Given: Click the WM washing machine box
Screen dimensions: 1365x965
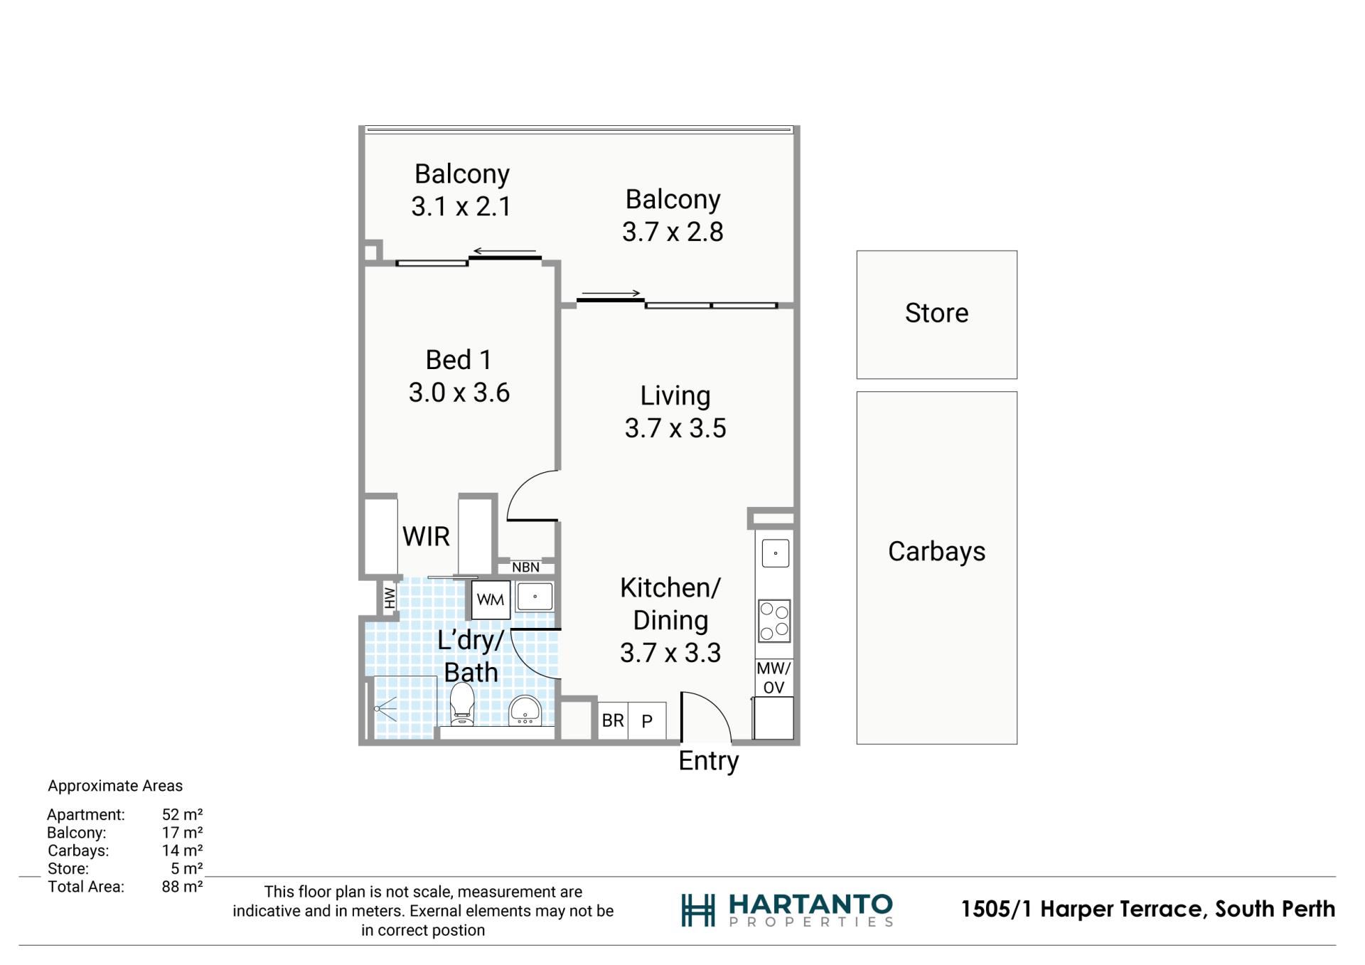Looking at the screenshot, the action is click(491, 599).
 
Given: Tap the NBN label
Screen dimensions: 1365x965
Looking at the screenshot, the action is click(525, 567).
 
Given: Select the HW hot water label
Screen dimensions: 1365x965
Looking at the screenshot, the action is click(390, 598).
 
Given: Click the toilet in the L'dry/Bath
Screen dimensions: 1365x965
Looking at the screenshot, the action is click(462, 703).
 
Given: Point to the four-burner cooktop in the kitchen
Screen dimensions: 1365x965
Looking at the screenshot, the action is click(774, 621).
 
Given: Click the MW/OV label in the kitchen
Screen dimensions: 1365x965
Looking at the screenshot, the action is click(773, 678).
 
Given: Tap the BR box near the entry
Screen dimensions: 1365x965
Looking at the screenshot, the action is click(613, 720).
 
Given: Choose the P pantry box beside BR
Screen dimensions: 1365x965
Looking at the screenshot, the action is click(647, 721).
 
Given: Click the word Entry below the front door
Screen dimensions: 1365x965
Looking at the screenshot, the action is click(709, 761).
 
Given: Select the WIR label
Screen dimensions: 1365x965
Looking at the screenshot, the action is click(426, 536).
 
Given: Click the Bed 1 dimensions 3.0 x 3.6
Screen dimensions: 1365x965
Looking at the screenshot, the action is click(459, 393).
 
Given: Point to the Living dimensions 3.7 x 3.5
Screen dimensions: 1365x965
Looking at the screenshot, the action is click(675, 428).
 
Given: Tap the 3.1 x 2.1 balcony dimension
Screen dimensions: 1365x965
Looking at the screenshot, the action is click(461, 206).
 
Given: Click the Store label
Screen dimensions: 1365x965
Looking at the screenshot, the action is click(936, 313).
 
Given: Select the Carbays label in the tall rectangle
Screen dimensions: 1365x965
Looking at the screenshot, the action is click(936, 552).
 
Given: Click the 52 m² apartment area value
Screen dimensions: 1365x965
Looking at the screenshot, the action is click(182, 814).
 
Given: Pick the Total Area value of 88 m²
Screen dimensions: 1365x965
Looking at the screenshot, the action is click(182, 887).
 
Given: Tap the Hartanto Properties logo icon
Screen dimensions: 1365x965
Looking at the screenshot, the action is click(697, 910).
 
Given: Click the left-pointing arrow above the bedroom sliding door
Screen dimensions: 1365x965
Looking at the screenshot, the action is click(505, 251).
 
